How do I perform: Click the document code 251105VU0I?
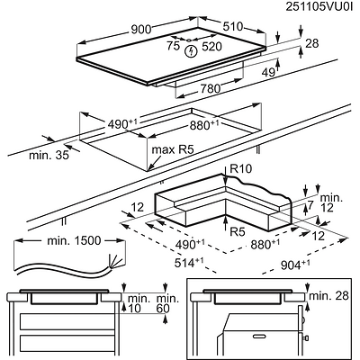pyautogui.click(x=319, y=6)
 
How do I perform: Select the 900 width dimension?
pyautogui.click(x=141, y=30)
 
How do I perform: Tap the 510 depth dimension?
pyautogui.click(x=232, y=27)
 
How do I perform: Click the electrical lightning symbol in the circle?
pyautogui.click(x=191, y=52)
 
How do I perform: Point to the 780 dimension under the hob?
pyautogui.click(x=210, y=88)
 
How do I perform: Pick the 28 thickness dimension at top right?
pyautogui.click(x=312, y=43)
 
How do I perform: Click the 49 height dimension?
pyautogui.click(x=268, y=72)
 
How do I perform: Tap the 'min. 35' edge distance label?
pyautogui.click(x=49, y=156)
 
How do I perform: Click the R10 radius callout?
pyautogui.click(x=240, y=169)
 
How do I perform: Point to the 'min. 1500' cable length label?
pyautogui.click(x=74, y=240)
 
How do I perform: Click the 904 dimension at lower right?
pyautogui.click(x=295, y=265)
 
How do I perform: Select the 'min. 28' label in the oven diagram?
pyautogui.click(x=328, y=296)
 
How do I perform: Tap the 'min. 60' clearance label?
pyautogui.click(x=167, y=303)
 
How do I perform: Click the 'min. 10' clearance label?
pyautogui.click(x=139, y=303)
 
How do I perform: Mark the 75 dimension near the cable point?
pyautogui.click(x=173, y=46)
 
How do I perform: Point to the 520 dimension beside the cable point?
pyautogui.click(x=211, y=47)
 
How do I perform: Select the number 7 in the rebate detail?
pyautogui.click(x=310, y=205)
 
